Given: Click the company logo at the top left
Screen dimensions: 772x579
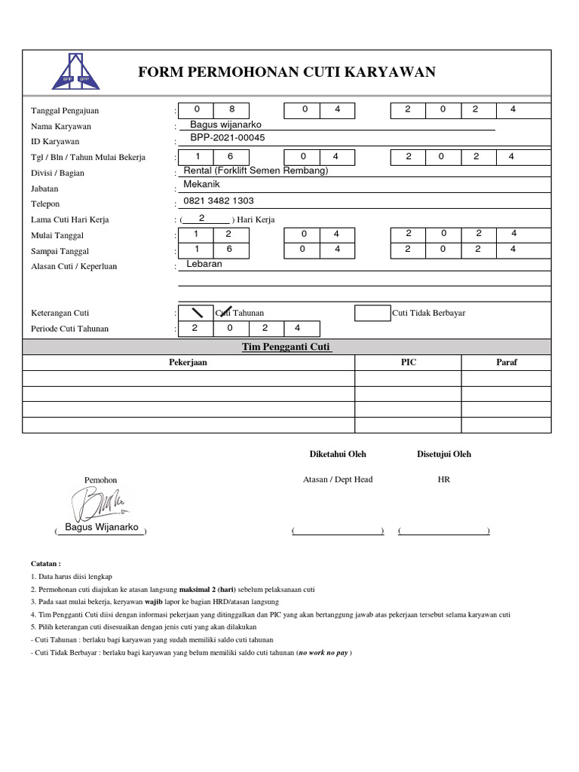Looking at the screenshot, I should [x=72, y=72].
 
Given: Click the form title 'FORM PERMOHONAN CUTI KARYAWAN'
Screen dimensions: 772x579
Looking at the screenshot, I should [x=287, y=72].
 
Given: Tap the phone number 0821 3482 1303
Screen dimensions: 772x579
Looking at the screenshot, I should [x=219, y=201].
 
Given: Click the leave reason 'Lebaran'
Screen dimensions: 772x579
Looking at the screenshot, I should [x=204, y=265].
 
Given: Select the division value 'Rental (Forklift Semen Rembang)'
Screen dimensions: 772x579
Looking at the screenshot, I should [x=256, y=170].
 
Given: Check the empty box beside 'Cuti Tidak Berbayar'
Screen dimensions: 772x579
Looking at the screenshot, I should [x=372, y=313].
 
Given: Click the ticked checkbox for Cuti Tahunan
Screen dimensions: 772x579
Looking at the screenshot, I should [x=198, y=313].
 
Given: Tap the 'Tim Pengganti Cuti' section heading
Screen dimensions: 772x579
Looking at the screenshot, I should [x=286, y=347].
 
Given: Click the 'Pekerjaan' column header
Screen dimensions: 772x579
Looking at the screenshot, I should [x=188, y=363].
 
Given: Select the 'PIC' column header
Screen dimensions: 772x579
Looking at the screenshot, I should [x=408, y=363].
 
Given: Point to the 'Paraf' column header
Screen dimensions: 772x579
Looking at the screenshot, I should [x=506, y=363].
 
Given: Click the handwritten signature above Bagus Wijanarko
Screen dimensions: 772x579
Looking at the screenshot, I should [x=98, y=502].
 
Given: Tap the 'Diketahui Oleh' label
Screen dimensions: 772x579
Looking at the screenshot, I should [x=338, y=455].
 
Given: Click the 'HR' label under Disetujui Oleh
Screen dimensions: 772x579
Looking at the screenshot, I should [x=443, y=479].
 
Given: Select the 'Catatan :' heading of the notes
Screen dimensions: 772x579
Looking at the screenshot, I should [x=46, y=563].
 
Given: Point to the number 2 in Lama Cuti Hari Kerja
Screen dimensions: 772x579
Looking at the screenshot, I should [x=201, y=219].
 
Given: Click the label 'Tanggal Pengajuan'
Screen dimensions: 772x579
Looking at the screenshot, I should [x=65, y=111].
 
